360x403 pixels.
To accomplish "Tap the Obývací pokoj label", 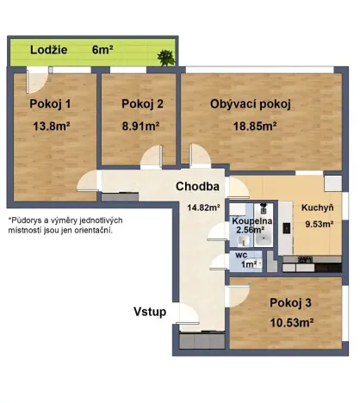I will [x=251, y=104].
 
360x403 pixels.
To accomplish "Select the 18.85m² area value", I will [x=251, y=127].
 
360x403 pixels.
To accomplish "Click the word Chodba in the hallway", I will [x=199, y=187].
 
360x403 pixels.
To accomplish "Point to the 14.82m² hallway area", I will [x=204, y=207].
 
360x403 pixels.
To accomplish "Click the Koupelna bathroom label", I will [x=251, y=221].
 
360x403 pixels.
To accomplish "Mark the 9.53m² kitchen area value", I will [x=318, y=226].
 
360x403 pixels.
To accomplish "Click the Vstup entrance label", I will [x=149, y=311].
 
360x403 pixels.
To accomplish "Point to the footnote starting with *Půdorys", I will [x=65, y=224].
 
